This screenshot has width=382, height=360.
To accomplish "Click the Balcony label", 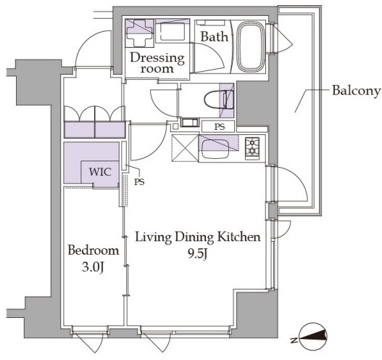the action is point(356,91).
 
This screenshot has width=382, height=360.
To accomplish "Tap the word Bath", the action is point(215,37).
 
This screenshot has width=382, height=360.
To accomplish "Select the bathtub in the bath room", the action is point(252,46).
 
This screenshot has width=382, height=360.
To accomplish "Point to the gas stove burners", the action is point(252,149).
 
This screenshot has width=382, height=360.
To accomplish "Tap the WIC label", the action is point(100,172).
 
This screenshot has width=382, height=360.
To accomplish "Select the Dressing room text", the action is point(157,62).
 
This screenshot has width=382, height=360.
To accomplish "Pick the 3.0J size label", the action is point(94,268).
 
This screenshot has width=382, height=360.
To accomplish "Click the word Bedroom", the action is point(94,250).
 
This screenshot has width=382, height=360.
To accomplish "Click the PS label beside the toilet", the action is point(220,127).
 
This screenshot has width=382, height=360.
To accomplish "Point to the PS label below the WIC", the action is point(139,181).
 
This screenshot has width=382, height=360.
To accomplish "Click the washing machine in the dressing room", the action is point(139,33).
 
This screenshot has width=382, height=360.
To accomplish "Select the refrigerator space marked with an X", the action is point(185,148).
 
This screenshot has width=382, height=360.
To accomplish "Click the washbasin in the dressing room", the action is point(173,31).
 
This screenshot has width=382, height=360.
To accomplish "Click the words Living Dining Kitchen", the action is point(198,237).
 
